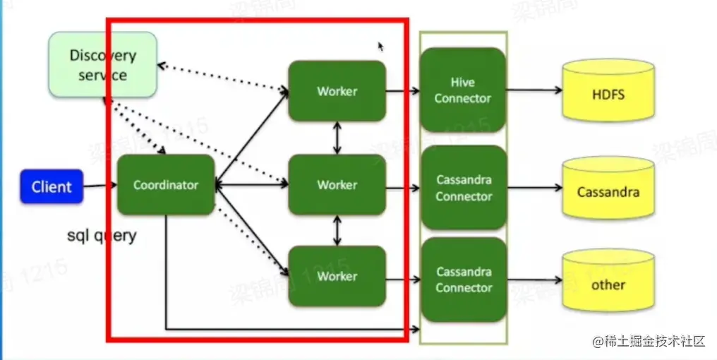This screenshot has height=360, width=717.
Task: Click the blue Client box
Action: pyautogui.click(x=52, y=187)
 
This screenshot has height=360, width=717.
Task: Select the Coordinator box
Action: pyautogui.click(x=166, y=185)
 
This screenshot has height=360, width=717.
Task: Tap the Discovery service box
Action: pyautogui.click(x=102, y=65)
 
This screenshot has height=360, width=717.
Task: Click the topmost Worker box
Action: pyautogui.click(x=337, y=91)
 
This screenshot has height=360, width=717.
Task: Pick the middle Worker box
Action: pyautogui.click(x=337, y=185)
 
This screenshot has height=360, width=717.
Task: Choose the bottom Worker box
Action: pyautogui.click(x=337, y=276)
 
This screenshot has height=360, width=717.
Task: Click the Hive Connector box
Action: pyautogui.click(x=463, y=90)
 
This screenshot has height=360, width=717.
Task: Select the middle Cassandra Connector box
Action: pyautogui.click(x=463, y=188)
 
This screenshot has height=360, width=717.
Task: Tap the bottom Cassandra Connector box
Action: pyautogui.click(x=463, y=280)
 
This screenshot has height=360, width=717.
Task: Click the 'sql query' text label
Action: pyautogui.click(x=101, y=236)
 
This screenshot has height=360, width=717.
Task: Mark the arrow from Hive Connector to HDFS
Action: pyautogui.click(x=534, y=91)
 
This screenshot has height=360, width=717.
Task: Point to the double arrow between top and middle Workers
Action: pyautogui.click(x=337, y=138)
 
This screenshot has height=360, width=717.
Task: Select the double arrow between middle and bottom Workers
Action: pyautogui.click(x=337, y=231)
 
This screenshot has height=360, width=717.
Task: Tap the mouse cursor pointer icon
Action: pyautogui.click(x=381, y=47)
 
